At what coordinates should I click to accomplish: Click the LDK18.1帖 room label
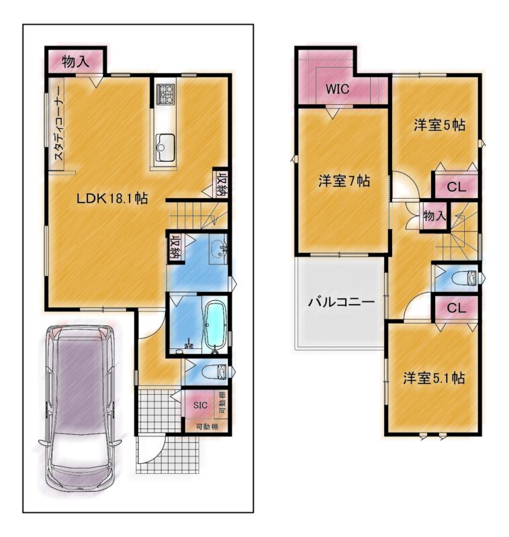point(112,198)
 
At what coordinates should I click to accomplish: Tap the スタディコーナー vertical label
point(58,124)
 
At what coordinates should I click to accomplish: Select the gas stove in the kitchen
point(165,94)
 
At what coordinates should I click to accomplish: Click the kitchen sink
point(165,148)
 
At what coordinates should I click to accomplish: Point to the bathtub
point(215,326)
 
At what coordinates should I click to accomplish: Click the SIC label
point(200,405)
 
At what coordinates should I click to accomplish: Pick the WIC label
point(337,89)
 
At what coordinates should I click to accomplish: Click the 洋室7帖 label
point(344,181)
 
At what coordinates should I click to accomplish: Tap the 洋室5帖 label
point(439,126)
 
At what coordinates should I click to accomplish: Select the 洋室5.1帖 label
point(434,379)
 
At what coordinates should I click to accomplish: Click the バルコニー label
point(342,302)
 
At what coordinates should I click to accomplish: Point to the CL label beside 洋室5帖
point(457,187)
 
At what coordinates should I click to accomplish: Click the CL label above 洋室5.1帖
point(457,308)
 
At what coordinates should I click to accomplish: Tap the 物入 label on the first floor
point(75,62)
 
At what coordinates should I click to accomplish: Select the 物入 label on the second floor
point(434,215)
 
